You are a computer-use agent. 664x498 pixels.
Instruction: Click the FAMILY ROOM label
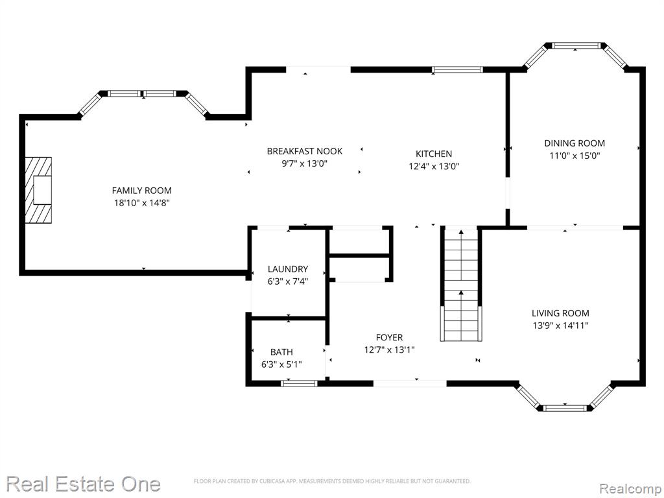click(x=141, y=191)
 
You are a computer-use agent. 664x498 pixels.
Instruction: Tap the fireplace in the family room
click(x=38, y=190)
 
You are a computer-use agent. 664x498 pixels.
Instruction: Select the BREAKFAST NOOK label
click(x=305, y=151)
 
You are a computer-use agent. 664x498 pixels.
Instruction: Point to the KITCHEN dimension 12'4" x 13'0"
click(x=434, y=167)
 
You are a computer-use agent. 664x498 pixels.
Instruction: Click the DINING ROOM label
click(x=575, y=143)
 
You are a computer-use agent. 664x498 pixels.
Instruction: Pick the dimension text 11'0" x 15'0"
click(x=575, y=156)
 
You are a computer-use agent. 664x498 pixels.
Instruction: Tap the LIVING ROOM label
click(x=560, y=313)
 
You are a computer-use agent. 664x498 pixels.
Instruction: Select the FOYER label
click(x=389, y=337)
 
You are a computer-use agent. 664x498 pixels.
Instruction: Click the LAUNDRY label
click(x=287, y=269)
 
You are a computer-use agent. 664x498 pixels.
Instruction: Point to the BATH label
click(x=281, y=352)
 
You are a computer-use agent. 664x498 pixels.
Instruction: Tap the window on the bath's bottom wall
click(x=299, y=384)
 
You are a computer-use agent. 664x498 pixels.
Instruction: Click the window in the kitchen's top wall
click(x=457, y=70)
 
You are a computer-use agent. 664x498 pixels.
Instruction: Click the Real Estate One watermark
click(x=83, y=484)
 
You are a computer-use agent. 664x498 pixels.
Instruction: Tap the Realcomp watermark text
click(x=630, y=489)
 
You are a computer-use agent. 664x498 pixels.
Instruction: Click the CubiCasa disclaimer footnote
click(x=332, y=481)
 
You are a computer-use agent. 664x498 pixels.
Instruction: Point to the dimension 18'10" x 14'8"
click(x=141, y=203)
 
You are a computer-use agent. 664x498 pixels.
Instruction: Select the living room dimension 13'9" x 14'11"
click(x=560, y=326)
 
